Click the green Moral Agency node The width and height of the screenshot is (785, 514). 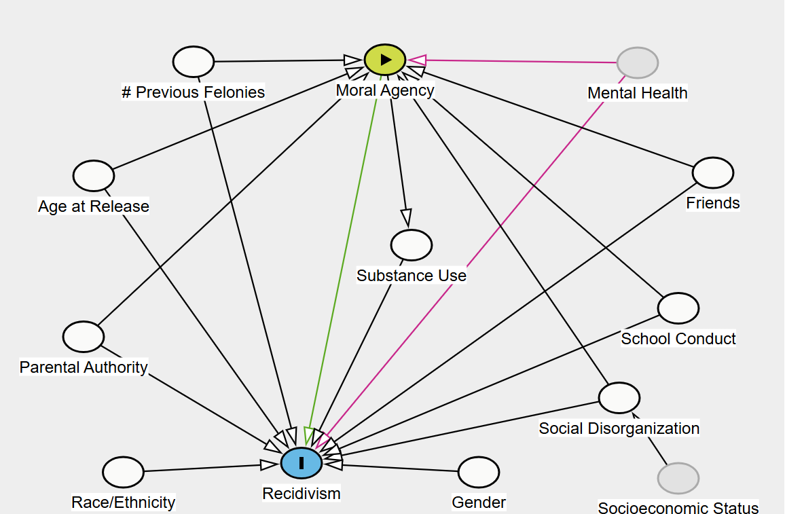coord(385,59)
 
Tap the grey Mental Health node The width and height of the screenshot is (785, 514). coord(638,63)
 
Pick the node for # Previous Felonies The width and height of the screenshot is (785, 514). coord(194,62)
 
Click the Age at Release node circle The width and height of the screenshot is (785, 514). coord(94,176)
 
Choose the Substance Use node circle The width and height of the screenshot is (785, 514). coord(412,245)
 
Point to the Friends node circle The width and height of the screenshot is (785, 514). coord(713,172)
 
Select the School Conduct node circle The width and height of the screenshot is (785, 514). coord(678,308)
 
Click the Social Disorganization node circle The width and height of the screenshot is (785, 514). coord(619,398)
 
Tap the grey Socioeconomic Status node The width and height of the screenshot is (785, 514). coord(678,478)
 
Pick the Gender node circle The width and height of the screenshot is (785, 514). coord(479,472)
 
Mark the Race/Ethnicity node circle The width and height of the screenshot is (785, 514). coord(124,472)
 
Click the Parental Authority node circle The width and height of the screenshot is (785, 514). coord(84,337)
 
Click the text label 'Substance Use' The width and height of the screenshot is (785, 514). coord(412,276)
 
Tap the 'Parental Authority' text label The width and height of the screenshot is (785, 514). coord(84,367)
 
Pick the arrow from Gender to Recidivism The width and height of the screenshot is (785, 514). coord(401,467)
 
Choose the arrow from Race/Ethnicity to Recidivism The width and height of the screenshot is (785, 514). coord(204,468)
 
